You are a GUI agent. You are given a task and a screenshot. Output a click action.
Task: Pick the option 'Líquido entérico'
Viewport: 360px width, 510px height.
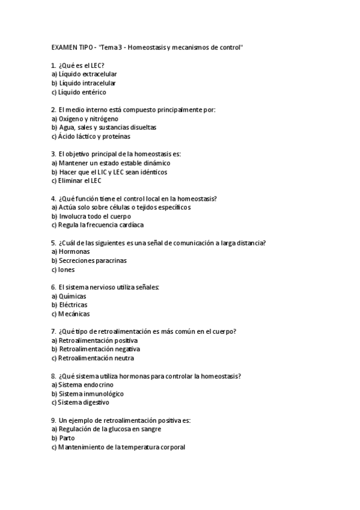[82, 92]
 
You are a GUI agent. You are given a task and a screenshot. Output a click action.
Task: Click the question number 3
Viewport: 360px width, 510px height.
[54, 154]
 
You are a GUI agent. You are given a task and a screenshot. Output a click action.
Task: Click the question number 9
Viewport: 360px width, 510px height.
[54, 420]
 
